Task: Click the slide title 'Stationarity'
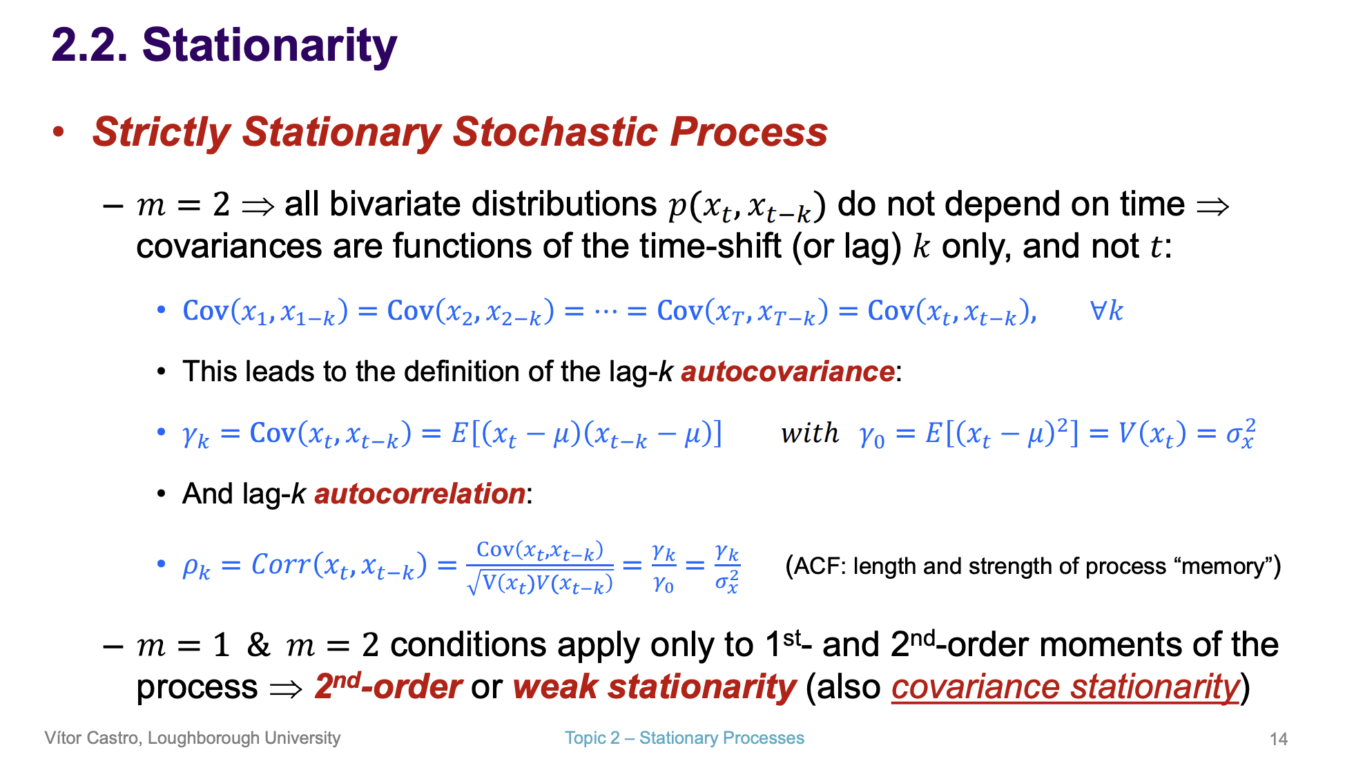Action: pyautogui.click(x=269, y=46)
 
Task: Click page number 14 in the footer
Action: pyautogui.click(x=1278, y=739)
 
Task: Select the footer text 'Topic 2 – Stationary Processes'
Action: pyautogui.click(x=684, y=738)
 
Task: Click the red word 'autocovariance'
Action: pyautogui.click(x=787, y=372)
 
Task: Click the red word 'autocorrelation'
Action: pyautogui.click(x=419, y=494)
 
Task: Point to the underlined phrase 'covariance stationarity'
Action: pyautogui.click(x=1065, y=687)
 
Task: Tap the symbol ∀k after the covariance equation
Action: pyautogui.click(x=1106, y=311)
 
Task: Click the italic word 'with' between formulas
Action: pyautogui.click(x=809, y=434)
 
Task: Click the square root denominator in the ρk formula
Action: pyautogui.click(x=540, y=584)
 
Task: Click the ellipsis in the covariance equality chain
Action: pyautogui.click(x=605, y=311)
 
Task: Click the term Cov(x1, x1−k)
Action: pyautogui.click(x=265, y=311)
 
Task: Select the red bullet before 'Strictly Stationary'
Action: pyautogui.click(x=59, y=131)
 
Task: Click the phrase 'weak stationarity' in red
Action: pyautogui.click(x=654, y=687)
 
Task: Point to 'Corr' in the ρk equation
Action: pyautogui.click(x=280, y=565)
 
